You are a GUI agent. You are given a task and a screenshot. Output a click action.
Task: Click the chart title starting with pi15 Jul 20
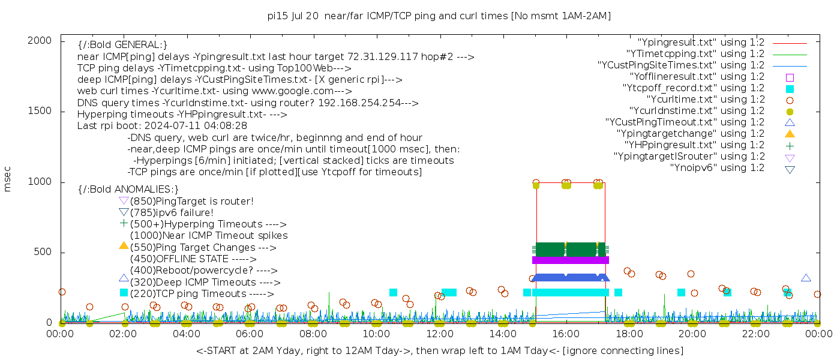coord(439,16)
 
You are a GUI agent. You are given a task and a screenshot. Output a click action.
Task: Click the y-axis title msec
coord(7,179)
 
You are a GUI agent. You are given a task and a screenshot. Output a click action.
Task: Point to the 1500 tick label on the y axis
coord(40,111)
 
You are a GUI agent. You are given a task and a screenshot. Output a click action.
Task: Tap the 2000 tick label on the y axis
coord(40,41)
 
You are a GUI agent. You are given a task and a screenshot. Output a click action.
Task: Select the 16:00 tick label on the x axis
coord(566,334)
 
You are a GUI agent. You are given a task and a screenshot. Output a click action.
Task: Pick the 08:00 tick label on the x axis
coord(313,334)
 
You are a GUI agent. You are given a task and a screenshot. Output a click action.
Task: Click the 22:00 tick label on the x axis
coord(756,334)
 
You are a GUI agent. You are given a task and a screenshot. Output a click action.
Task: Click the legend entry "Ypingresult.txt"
coord(701,43)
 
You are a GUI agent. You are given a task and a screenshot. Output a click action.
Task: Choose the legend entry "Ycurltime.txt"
coord(706,100)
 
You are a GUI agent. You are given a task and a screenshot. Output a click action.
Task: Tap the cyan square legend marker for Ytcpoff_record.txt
coord(790,89)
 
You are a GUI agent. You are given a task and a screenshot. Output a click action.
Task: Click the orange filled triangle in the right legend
coord(790,134)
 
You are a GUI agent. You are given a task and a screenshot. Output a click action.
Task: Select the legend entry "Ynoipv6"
coord(717,168)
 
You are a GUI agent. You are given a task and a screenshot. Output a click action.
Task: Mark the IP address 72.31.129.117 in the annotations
coord(383,57)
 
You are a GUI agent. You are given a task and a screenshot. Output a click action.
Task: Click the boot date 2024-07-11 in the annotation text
coord(170,126)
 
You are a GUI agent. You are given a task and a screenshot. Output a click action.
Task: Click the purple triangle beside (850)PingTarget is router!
coord(124,201)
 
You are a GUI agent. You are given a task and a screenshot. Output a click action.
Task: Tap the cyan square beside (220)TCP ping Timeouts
coord(124,293)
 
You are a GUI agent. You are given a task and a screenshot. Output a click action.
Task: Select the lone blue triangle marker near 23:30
coord(806,278)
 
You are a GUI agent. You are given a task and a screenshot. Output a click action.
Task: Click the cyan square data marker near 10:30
coord(393,293)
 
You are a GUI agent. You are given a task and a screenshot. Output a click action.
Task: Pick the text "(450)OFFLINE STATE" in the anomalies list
coord(179,259)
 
